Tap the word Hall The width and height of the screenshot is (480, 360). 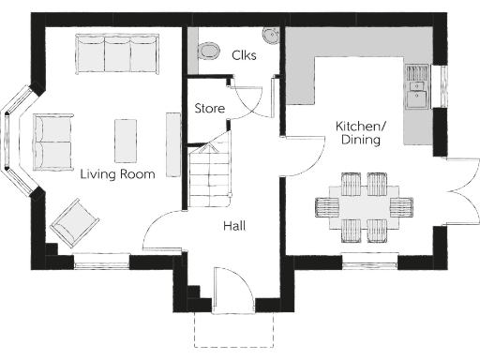click(x=234, y=226)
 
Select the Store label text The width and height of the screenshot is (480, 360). click(x=209, y=109)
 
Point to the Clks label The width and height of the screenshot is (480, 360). click(x=245, y=55)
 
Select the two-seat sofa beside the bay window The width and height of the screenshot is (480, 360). click(x=52, y=142)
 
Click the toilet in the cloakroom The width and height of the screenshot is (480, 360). click(x=209, y=50)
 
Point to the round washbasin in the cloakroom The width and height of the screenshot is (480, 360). click(x=271, y=36)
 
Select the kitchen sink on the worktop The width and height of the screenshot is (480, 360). click(x=415, y=87)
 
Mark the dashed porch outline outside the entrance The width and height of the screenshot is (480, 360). click(x=233, y=333)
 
